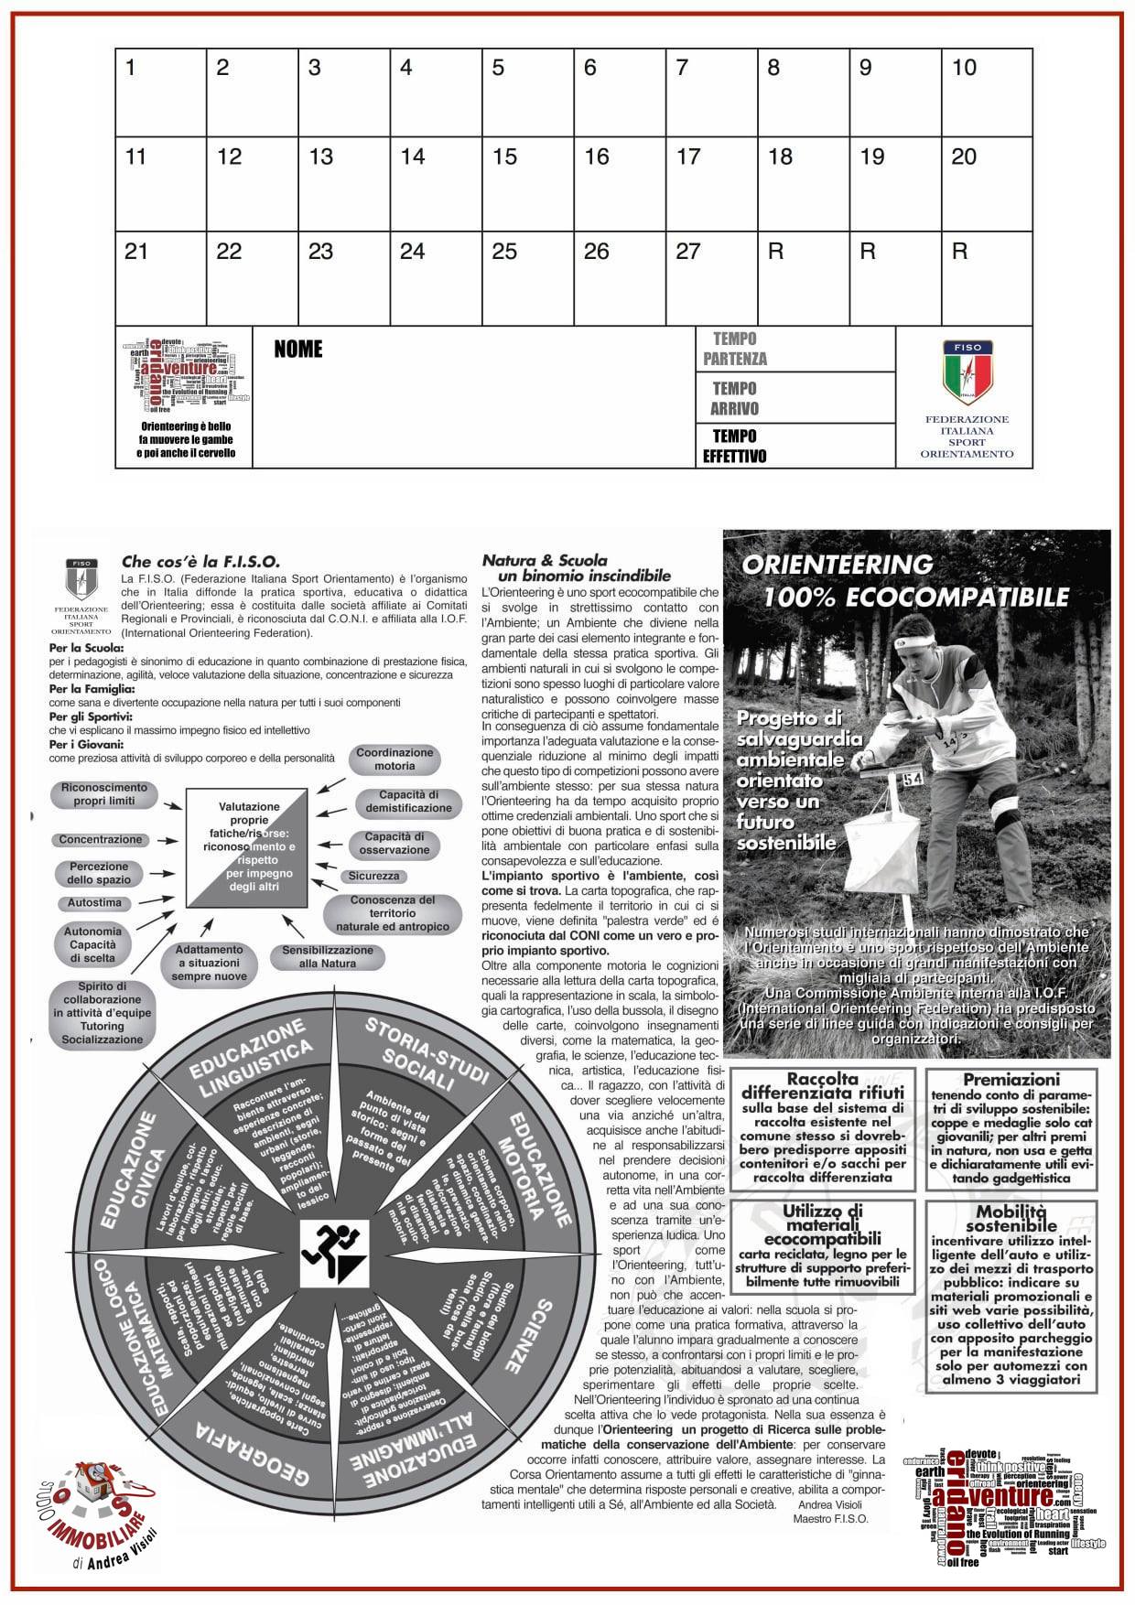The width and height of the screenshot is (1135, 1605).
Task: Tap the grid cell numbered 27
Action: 711,279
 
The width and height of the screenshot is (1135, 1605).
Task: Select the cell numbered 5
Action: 527,92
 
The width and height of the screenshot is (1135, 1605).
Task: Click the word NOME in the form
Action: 298,350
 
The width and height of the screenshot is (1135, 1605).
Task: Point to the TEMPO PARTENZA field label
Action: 735,349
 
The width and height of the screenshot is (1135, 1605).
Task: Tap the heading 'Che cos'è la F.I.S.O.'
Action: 200,562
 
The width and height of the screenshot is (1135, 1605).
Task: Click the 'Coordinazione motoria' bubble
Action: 395,759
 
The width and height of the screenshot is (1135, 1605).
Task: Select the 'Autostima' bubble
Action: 94,902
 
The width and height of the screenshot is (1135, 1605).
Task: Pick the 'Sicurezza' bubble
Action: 373,876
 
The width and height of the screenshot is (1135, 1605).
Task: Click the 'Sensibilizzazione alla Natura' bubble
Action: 327,956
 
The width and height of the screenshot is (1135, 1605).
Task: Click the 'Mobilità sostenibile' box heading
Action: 1011,1219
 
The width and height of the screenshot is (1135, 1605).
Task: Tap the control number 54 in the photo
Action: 912,780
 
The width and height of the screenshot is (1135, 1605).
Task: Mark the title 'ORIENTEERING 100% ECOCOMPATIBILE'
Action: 904,580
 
